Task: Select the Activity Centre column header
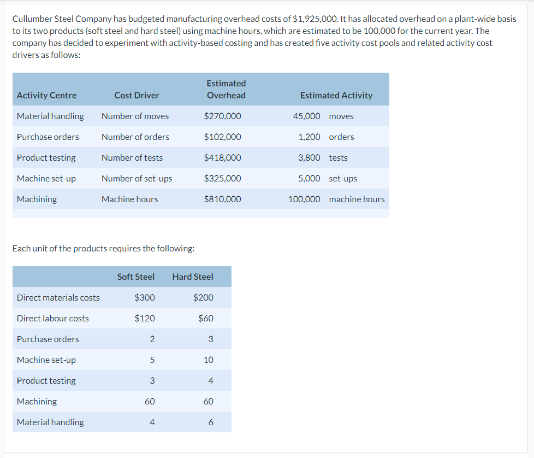(x=46, y=95)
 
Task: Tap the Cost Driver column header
(x=137, y=95)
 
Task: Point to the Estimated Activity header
(x=336, y=95)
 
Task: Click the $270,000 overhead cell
(x=222, y=116)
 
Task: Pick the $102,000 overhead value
(x=222, y=137)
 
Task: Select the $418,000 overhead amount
(x=222, y=157)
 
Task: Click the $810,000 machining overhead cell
(x=222, y=199)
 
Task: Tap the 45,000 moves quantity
(x=306, y=116)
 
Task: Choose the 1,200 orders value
(x=309, y=137)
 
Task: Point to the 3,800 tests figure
(x=309, y=157)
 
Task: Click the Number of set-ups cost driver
(x=137, y=178)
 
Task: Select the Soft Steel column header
(x=136, y=277)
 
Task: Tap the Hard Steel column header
(x=193, y=277)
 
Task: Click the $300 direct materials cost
(x=145, y=297)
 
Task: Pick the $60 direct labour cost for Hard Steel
(x=206, y=318)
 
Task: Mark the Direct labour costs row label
(x=52, y=318)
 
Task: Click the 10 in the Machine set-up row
(x=209, y=360)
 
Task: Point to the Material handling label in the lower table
(x=50, y=422)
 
